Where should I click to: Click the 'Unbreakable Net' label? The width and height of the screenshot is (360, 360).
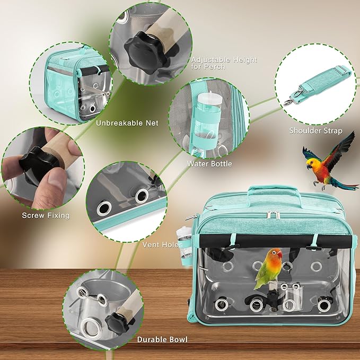click(127, 123)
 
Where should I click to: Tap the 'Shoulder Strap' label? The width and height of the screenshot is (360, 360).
click(315, 130)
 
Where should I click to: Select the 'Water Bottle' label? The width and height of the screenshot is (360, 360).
click(209, 164)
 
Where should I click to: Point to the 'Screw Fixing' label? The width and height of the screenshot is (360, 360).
click(46, 215)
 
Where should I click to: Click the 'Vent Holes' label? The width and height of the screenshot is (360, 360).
click(162, 244)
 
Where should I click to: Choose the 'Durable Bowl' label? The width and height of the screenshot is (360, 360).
click(162, 339)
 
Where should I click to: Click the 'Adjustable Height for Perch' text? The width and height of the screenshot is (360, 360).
click(224, 64)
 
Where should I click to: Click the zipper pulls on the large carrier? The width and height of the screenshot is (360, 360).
click(273, 214)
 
